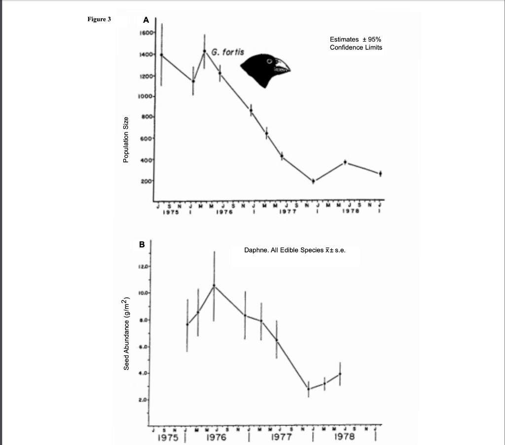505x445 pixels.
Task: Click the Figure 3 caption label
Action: pyautogui.click(x=99, y=20)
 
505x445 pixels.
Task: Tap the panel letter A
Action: pyautogui.click(x=145, y=20)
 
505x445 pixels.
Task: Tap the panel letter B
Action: pyautogui.click(x=142, y=244)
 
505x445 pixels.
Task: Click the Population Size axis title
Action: pyautogui.click(x=126, y=140)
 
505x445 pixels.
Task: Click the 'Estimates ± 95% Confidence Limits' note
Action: pyautogui.click(x=356, y=43)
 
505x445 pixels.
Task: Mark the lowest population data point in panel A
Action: pyautogui.click(x=313, y=181)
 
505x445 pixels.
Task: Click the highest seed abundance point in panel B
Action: pyautogui.click(x=214, y=285)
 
